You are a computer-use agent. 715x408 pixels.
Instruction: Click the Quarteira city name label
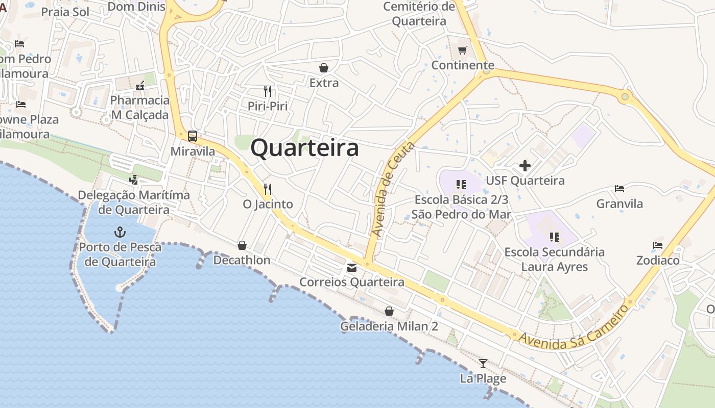(304, 148)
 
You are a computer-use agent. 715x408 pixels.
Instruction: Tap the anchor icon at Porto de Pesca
(120, 232)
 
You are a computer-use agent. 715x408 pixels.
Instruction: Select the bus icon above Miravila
(193, 136)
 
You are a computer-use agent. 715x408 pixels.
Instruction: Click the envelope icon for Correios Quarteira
(352, 267)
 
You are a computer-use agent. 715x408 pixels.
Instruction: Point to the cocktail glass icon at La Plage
(483, 364)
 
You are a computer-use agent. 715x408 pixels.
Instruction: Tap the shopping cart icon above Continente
(462, 50)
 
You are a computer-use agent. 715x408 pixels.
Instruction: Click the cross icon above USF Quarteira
(525, 166)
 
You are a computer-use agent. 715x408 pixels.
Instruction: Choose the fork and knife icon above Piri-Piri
(268, 91)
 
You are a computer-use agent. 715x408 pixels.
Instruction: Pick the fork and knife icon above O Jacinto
(267, 189)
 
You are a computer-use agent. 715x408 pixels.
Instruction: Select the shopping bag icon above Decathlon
(242, 245)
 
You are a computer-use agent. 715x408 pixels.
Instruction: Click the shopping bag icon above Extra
(323, 68)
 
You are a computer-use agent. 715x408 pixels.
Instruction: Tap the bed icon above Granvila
(619, 189)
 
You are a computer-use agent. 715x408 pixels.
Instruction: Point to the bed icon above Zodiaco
(658, 245)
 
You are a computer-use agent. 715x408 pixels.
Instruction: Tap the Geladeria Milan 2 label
(389, 326)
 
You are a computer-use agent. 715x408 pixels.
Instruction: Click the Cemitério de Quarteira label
(419, 14)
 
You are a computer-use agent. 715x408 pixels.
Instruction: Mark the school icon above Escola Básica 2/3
(461, 185)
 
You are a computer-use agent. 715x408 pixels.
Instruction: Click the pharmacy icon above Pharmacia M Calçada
(139, 86)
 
